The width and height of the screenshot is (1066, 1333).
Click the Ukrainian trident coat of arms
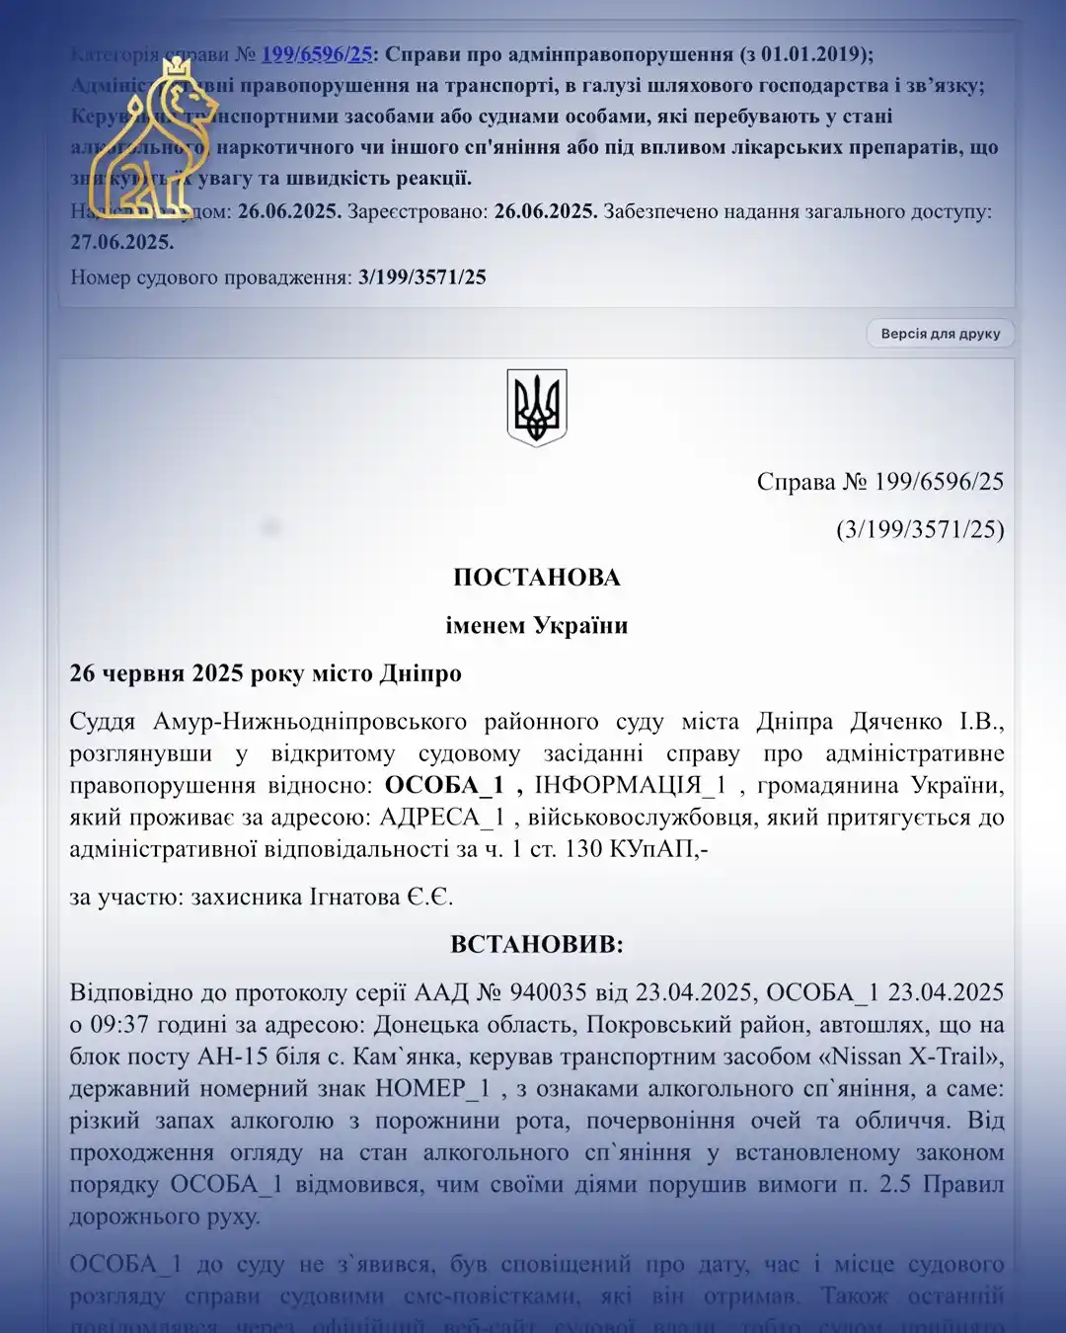click(x=537, y=407)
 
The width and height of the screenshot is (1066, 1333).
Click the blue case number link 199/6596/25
click(x=316, y=54)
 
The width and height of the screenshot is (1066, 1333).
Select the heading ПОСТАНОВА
click(x=537, y=578)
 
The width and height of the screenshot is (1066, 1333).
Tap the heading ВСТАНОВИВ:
click(x=537, y=945)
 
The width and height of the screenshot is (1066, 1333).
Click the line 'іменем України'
click(x=537, y=626)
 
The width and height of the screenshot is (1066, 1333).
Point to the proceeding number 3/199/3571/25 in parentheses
click(x=920, y=530)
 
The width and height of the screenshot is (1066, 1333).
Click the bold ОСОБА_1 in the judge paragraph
click(x=444, y=786)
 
